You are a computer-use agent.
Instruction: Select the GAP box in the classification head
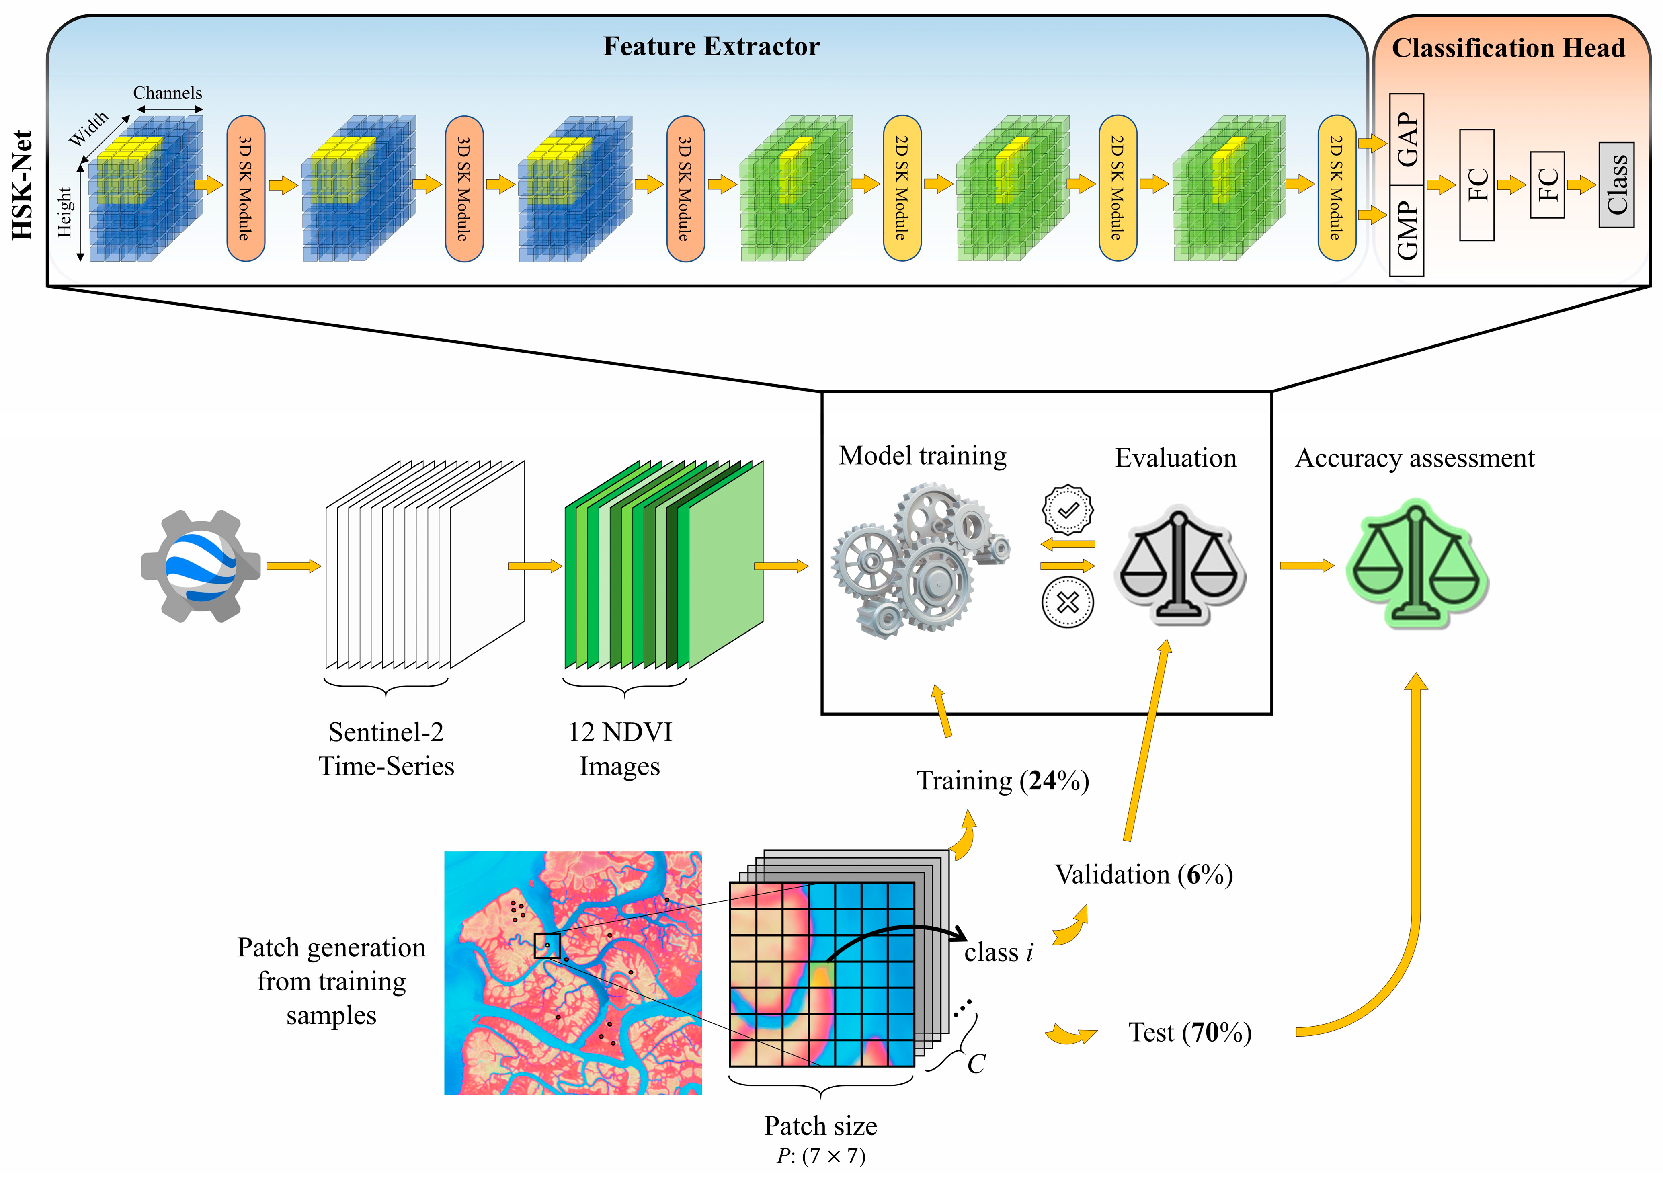tap(1406, 139)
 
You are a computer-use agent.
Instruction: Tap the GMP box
tap(1406, 230)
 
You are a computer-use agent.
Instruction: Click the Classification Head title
tap(1508, 48)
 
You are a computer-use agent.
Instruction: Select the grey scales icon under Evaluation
tap(1179, 566)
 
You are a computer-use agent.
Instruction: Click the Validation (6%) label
tap(1143, 874)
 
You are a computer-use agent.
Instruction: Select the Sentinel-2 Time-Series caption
tap(386, 748)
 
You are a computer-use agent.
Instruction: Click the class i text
tap(998, 952)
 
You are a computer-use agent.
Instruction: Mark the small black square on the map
tap(547, 946)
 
